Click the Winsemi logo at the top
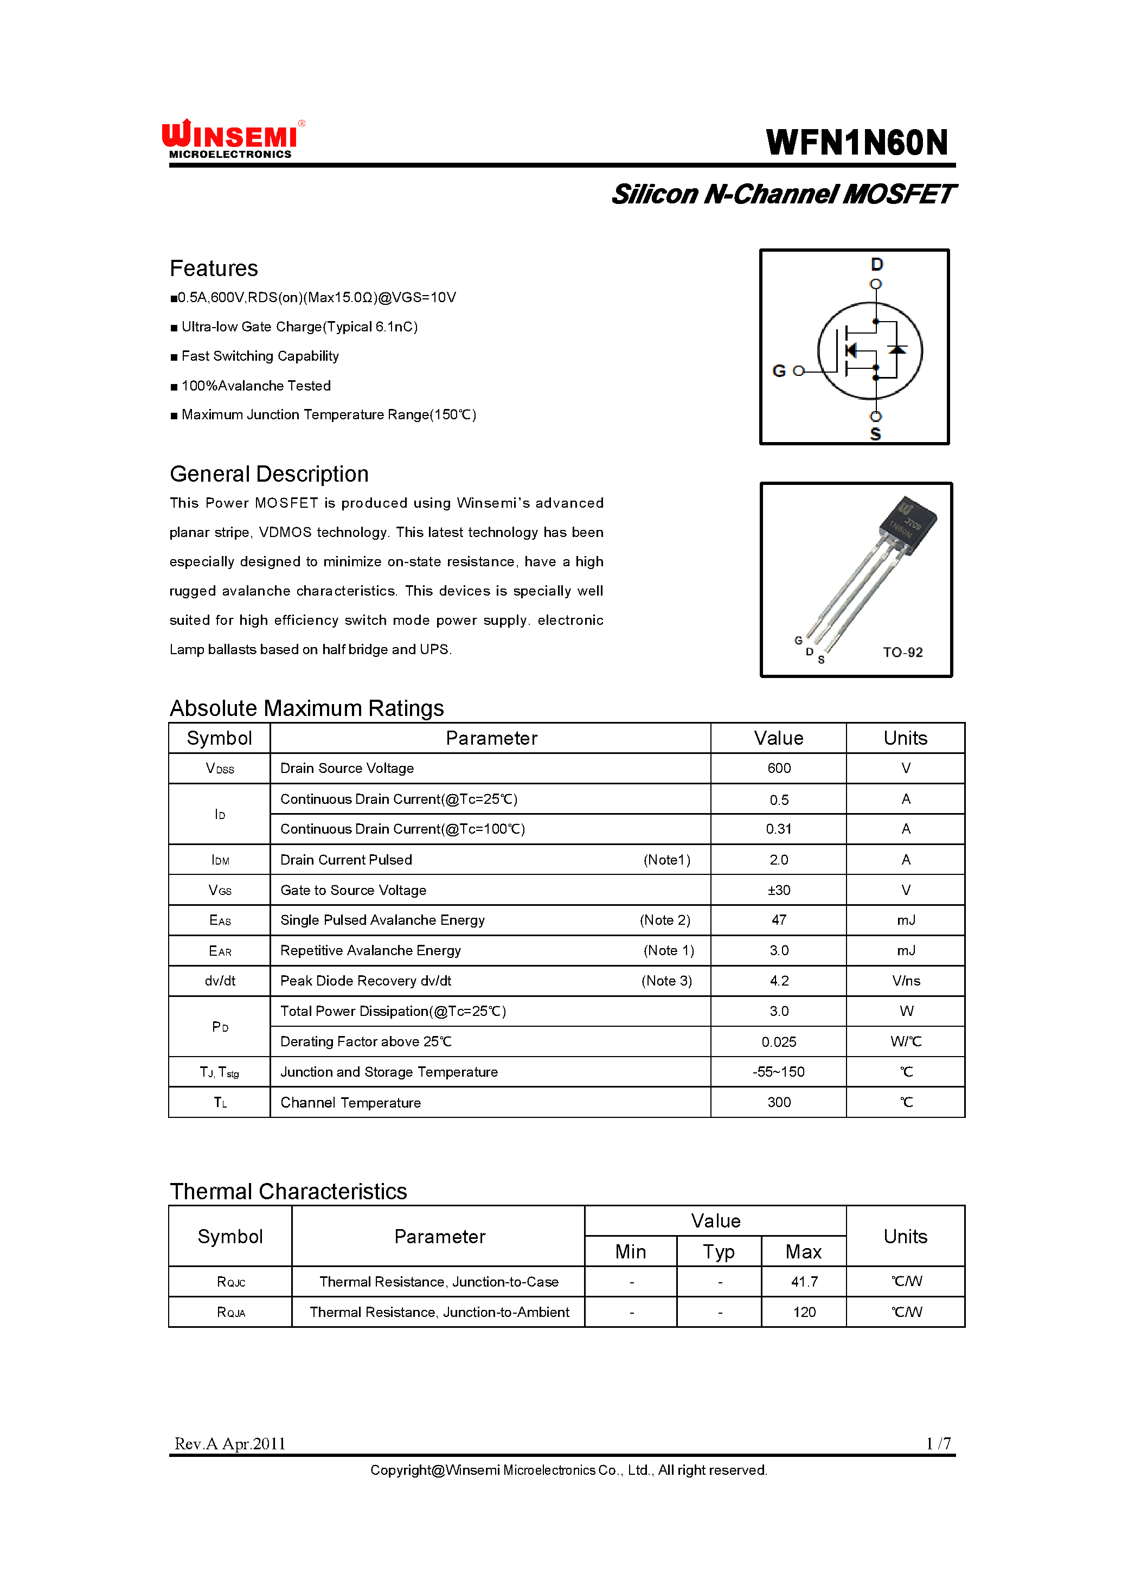click(232, 139)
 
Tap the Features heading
click(214, 268)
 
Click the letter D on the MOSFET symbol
click(877, 265)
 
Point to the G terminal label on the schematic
click(779, 371)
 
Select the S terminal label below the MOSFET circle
click(875, 434)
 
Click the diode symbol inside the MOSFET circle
click(897, 350)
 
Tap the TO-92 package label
click(902, 653)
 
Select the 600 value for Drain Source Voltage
click(779, 769)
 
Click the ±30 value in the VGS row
click(779, 890)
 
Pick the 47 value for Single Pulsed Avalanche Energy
click(779, 920)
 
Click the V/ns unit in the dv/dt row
click(906, 981)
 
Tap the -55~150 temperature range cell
click(779, 1072)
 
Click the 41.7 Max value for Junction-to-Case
click(804, 1282)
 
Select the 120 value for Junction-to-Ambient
click(804, 1312)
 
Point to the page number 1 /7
click(938, 1444)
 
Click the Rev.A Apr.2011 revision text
click(230, 1444)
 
